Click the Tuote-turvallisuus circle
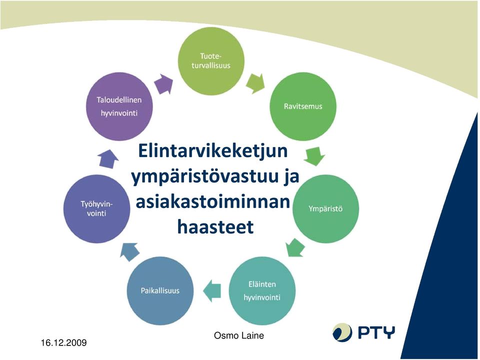(x=211, y=61)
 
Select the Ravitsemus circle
(x=303, y=106)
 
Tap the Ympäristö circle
(x=325, y=209)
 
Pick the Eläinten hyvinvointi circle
(x=262, y=291)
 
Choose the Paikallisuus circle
(x=160, y=291)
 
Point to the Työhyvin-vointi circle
(x=96, y=209)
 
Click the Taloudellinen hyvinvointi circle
(x=119, y=106)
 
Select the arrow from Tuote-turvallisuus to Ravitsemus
(x=255, y=83)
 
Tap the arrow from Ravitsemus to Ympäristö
(x=314, y=156)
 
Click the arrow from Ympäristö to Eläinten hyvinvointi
(x=295, y=247)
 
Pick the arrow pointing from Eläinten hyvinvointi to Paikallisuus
(x=212, y=291)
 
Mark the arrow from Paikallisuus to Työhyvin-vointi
(x=129, y=251)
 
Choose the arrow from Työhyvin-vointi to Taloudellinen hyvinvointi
(x=108, y=159)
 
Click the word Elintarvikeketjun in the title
(x=213, y=151)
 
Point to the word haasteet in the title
(x=215, y=227)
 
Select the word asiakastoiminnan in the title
(x=213, y=201)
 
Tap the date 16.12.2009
(x=63, y=342)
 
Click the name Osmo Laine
(x=239, y=335)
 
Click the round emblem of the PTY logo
(x=342, y=332)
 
